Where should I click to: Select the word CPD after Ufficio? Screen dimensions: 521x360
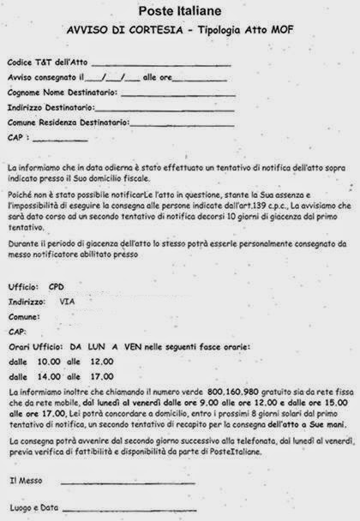57,284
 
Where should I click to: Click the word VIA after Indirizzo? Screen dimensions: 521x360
67,302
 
